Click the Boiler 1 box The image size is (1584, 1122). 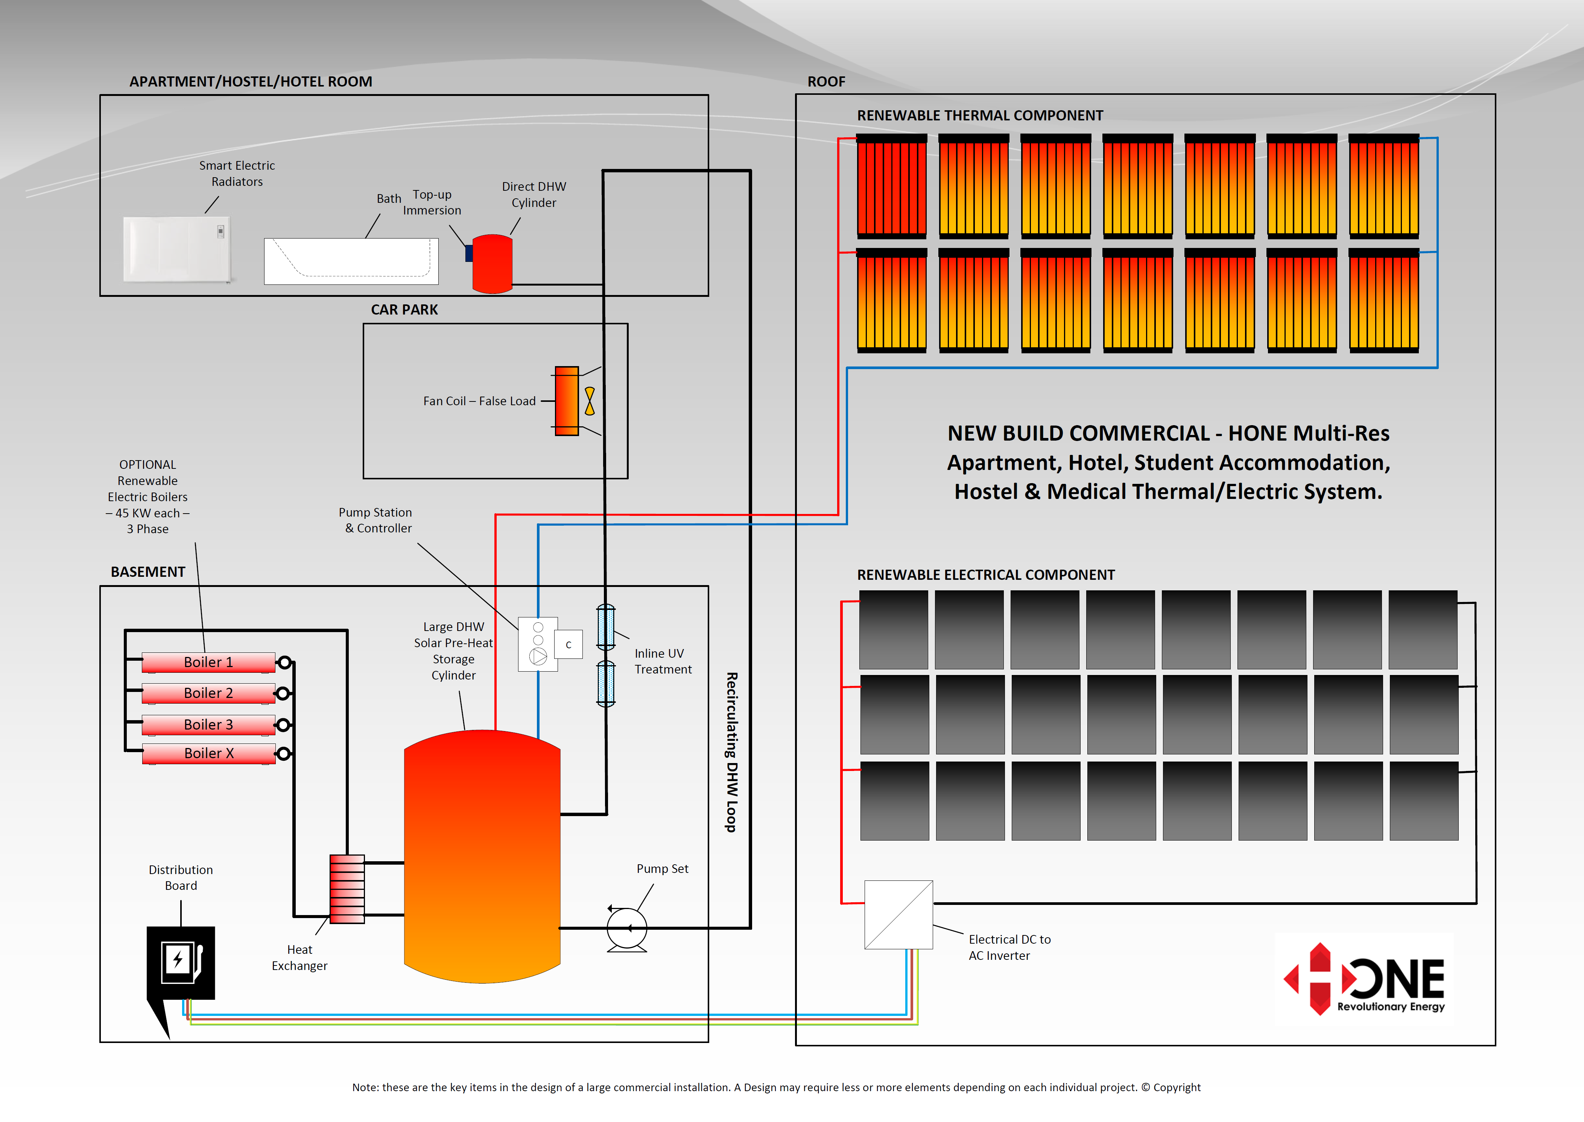point(208,662)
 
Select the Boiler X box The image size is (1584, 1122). point(208,753)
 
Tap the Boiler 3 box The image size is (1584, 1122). point(208,724)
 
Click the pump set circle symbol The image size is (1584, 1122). point(626,928)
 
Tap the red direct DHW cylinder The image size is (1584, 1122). point(492,263)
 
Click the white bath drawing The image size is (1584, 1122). point(351,261)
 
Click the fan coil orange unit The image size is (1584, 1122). point(567,401)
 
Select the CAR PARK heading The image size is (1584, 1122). point(404,310)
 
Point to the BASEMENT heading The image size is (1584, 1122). point(148,572)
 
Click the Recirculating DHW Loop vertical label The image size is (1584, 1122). point(731,752)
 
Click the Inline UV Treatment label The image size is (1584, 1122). point(663,661)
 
